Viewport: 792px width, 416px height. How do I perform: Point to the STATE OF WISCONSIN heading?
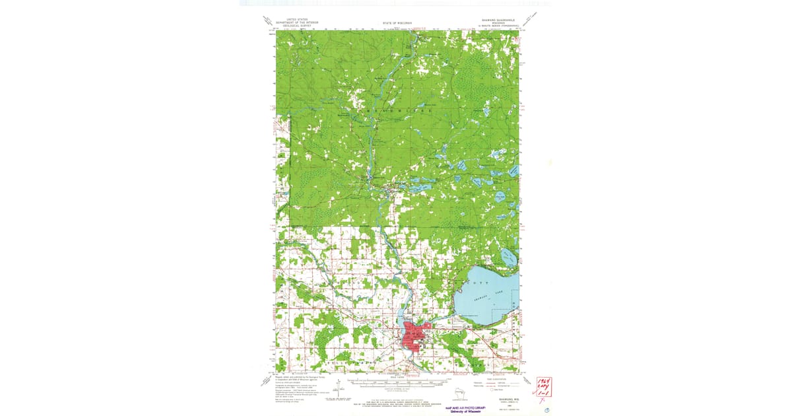click(x=396, y=23)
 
